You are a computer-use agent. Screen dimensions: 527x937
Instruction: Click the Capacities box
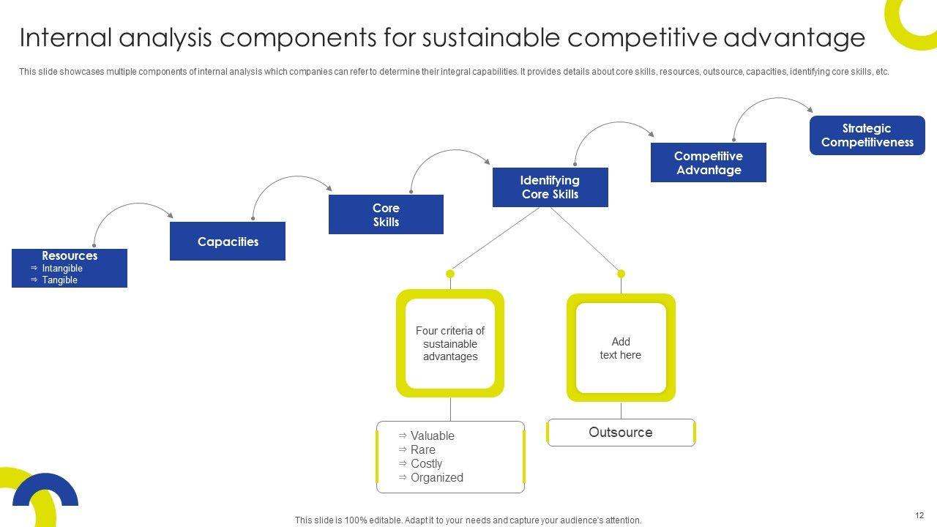228,242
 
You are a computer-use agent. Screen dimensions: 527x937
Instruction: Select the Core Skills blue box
386,214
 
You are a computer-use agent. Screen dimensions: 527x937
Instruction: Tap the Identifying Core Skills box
550,187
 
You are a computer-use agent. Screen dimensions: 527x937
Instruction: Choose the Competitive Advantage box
708,162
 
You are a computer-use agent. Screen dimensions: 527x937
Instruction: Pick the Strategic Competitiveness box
867,135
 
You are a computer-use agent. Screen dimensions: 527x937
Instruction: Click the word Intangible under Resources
62,269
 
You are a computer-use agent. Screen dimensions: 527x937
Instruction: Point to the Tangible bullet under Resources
59,280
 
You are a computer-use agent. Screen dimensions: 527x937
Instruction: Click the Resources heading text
70,256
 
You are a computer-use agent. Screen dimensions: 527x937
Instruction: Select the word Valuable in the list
432,436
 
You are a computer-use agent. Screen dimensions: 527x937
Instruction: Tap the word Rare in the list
422,450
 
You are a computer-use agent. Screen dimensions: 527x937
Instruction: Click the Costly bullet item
426,464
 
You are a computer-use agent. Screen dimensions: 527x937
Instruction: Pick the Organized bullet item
436,478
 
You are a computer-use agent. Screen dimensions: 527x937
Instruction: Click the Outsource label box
621,433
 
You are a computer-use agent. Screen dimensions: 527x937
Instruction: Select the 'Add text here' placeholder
621,348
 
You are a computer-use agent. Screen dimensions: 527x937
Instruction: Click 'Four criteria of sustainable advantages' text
450,344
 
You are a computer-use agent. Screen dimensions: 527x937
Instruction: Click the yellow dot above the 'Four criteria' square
450,274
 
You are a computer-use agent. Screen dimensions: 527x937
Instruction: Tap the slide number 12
919,516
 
